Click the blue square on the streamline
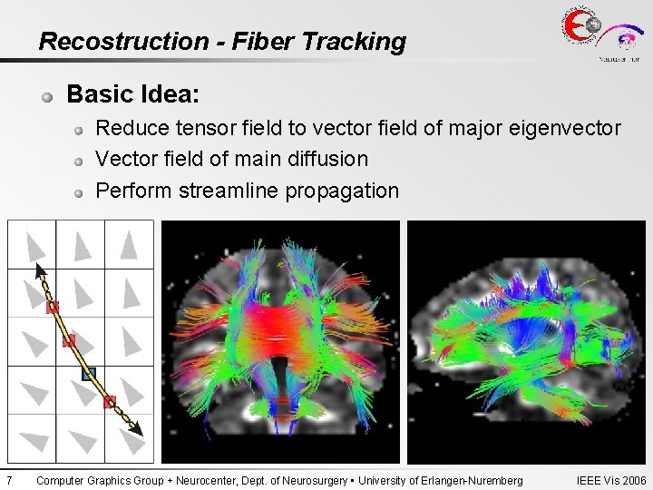point(88,373)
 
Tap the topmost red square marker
point(53,308)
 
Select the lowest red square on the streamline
point(110,401)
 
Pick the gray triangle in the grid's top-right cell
point(129,244)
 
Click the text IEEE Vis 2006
point(611,480)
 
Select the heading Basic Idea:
point(133,94)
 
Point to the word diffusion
point(327,159)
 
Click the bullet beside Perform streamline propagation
point(80,192)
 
